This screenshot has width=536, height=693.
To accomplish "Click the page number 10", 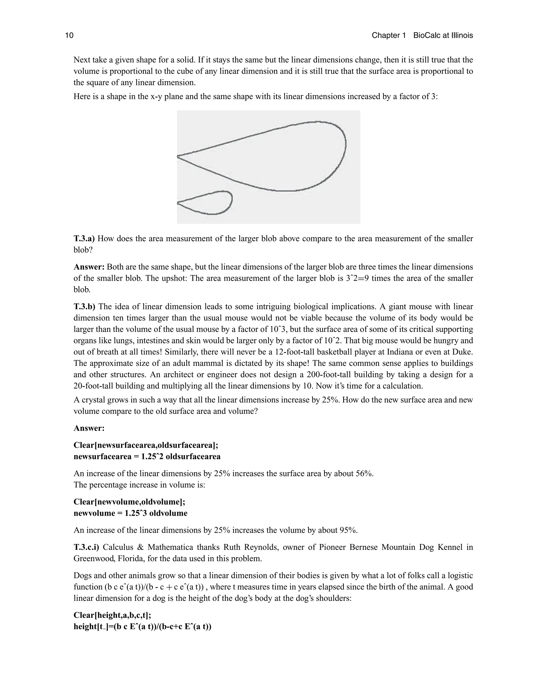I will click(69, 35).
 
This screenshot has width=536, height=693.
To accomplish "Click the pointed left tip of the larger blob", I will click(178, 156).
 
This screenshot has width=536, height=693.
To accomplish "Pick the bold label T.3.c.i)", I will click(86, 547).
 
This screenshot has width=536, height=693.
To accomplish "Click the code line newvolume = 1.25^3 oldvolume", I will click(131, 513).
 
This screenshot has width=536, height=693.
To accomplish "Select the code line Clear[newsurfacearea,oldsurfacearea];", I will click(146, 445).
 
